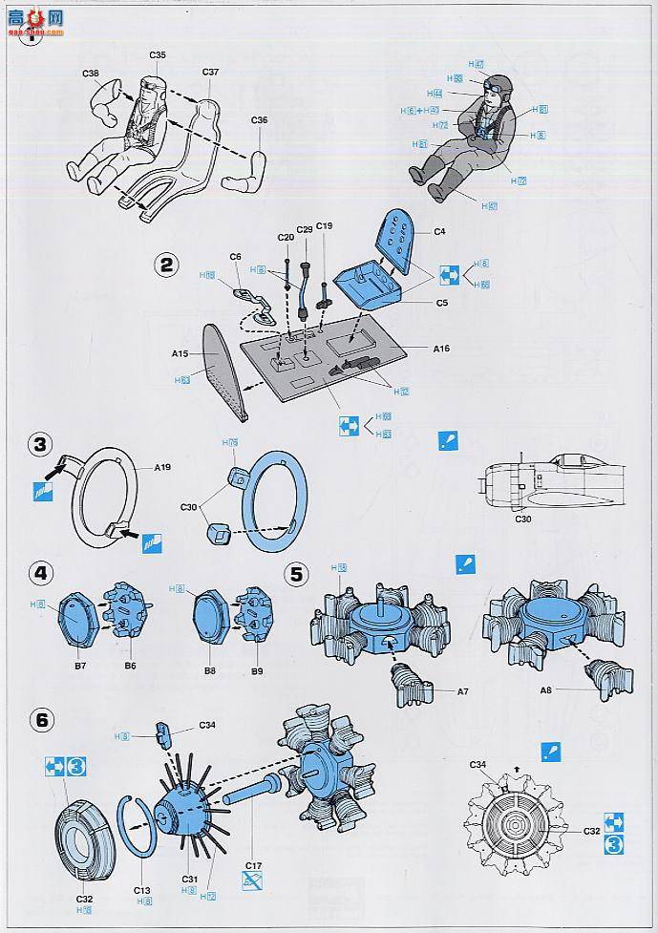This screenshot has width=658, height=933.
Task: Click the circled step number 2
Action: click(x=167, y=265)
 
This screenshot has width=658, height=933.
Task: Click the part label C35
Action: click(x=159, y=55)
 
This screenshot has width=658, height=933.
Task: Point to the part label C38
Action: click(x=91, y=74)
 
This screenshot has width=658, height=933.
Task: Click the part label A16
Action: click(x=440, y=349)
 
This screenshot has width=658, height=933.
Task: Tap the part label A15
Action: click(x=180, y=353)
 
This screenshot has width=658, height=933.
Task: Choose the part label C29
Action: click(x=305, y=230)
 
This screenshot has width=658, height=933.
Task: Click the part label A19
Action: click(x=163, y=468)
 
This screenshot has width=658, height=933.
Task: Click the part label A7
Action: click(x=463, y=690)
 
